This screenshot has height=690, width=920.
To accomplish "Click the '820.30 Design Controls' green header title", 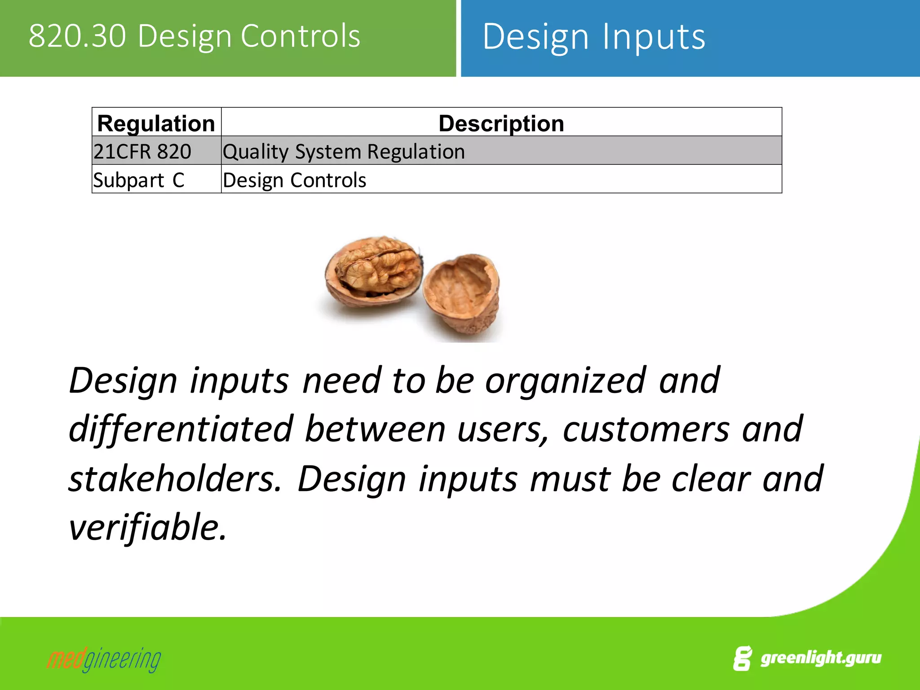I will click(194, 36).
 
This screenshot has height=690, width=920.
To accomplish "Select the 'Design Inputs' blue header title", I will click(593, 37).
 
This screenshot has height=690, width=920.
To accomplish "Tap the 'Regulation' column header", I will click(156, 123).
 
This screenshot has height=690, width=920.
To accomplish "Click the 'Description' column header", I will click(501, 123).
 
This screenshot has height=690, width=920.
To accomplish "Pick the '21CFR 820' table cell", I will click(142, 151).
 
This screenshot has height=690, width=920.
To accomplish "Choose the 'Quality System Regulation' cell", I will click(344, 151).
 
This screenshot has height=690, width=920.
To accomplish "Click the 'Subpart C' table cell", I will click(139, 180).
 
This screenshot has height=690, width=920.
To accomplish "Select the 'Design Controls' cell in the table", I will click(294, 180).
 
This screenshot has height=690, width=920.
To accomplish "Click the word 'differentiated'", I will click(181, 429).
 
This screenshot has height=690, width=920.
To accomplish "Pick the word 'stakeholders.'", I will click(175, 479).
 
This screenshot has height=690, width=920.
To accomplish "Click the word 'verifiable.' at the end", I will click(147, 527).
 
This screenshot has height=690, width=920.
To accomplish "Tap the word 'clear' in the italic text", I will click(711, 479).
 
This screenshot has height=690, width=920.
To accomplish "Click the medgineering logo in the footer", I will click(104, 659).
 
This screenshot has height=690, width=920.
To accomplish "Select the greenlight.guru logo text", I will click(820, 658).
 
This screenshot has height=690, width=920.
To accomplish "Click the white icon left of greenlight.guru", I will click(742, 659).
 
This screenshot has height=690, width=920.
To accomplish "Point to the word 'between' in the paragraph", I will click(375, 429).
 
